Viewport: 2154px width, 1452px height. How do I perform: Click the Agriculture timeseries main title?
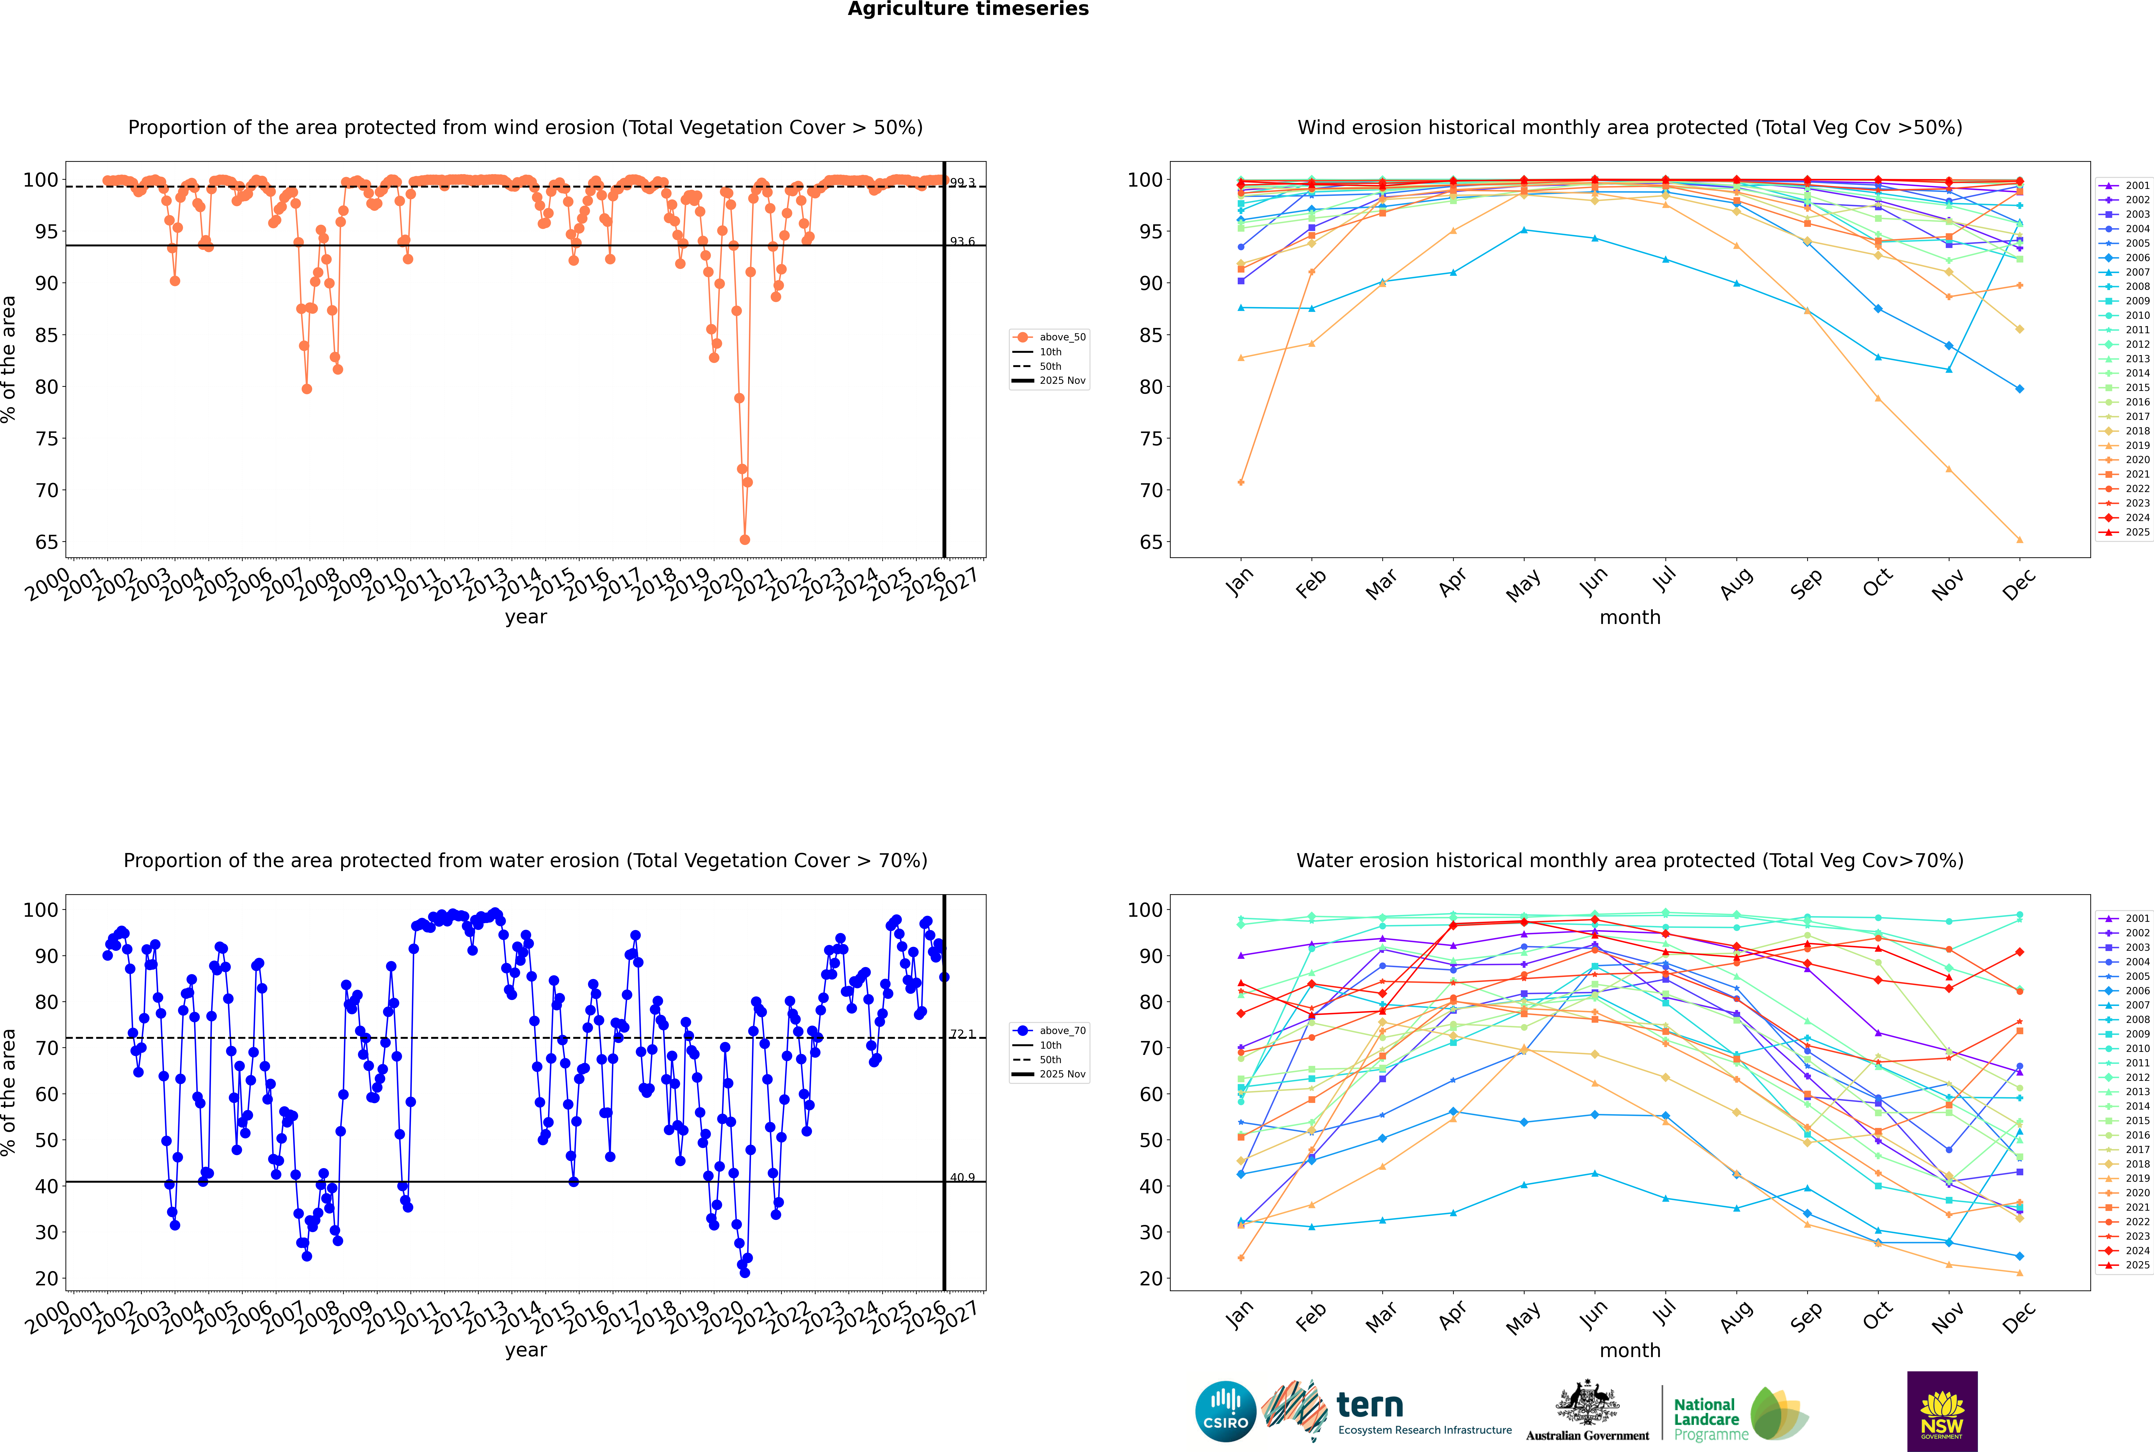point(968,9)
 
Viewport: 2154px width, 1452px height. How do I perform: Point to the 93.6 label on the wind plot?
point(962,242)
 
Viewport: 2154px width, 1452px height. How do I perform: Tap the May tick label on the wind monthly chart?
point(1523,585)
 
